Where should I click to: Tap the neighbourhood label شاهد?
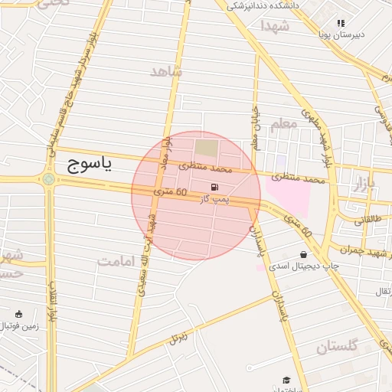pos(167,71)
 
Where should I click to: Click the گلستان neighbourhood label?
pos(337,347)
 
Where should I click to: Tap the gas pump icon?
pos(212,187)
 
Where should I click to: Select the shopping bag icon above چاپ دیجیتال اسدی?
pos(305,254)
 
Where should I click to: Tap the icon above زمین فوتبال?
pos(18,313)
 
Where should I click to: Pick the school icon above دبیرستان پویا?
pos(341,24)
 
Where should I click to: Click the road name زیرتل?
pos(178,335)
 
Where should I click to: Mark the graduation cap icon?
pos(286,380)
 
